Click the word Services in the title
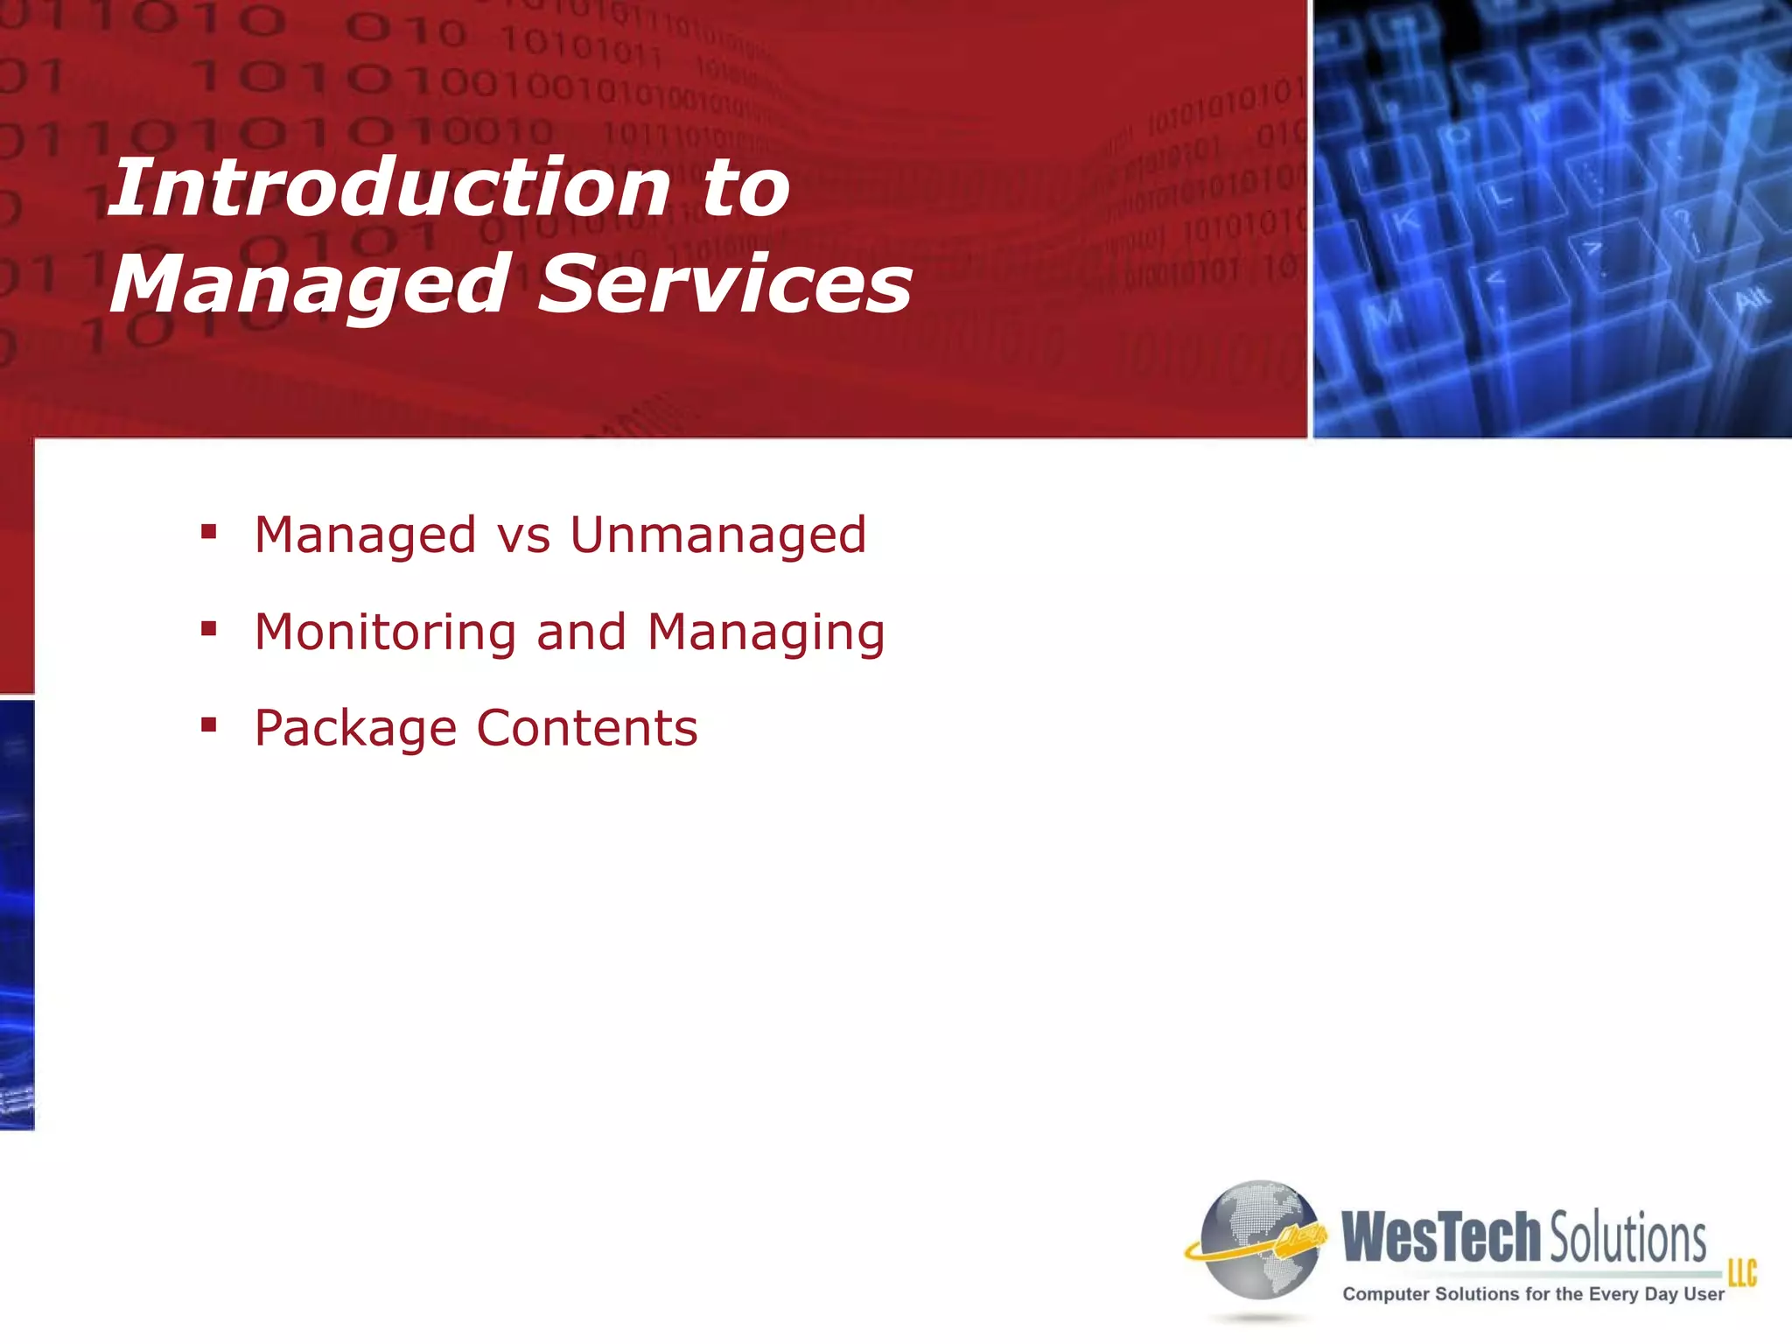[x=724, y=283]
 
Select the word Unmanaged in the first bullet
[x=717, y=535]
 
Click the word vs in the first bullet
[x=523, y=536]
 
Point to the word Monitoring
[x=385, y=633]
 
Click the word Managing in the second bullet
[x=766, y=633]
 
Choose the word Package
[x=355, y=729]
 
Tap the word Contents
[x=586, y=728]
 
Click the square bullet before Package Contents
[x=208, y=724]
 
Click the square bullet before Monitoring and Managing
[x=208, y=628]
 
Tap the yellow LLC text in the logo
[x=1741, y=1272]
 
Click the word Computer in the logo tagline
[x=1387, y=1294]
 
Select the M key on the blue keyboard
[x=1386, y=315]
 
